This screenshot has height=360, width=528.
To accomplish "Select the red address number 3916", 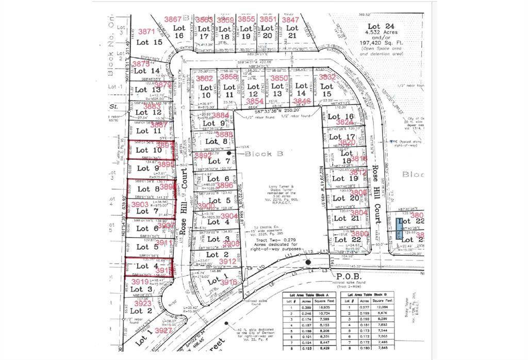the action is click(x=227, y=282).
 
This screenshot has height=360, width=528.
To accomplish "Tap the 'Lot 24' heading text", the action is click(x=381, y=26).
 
